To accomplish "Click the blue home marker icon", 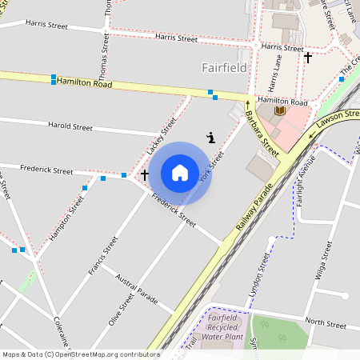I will tap(180, 173).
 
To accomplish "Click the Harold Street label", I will tap(70, 126).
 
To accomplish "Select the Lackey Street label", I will tap(162, 135).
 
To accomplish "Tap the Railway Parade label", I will tap(254, 209).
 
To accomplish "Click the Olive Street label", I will tap(121, 309).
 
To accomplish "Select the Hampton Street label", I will tap(66, 218).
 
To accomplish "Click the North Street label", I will tap(325, 323).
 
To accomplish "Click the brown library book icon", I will tap(280, 110).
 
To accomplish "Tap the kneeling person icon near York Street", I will tap(210, 137).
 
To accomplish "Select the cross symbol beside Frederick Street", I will tap(145, 174).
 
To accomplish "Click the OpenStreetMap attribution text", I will tap(80, 354).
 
